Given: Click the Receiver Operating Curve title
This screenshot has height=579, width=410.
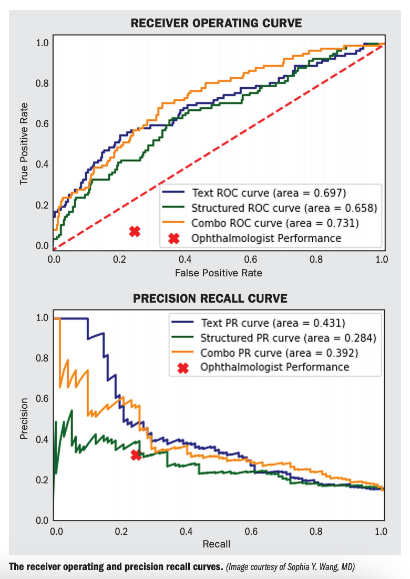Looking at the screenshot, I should click(217, 23).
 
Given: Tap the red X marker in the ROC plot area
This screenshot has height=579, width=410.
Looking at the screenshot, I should click(135, 231).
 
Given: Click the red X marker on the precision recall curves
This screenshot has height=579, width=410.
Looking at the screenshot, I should click(136, 455).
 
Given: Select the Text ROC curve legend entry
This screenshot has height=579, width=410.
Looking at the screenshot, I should click(269, 191).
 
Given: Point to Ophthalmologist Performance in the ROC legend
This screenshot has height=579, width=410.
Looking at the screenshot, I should click(266, 239).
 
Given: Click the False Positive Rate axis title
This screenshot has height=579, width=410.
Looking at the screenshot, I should click(218, 273).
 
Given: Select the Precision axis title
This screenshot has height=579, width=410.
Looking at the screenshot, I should click(24, 419).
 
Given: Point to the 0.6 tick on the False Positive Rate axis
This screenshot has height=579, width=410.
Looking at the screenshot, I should click(251, 259).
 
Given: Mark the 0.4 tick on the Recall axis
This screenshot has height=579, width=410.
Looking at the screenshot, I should click(186, 531).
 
